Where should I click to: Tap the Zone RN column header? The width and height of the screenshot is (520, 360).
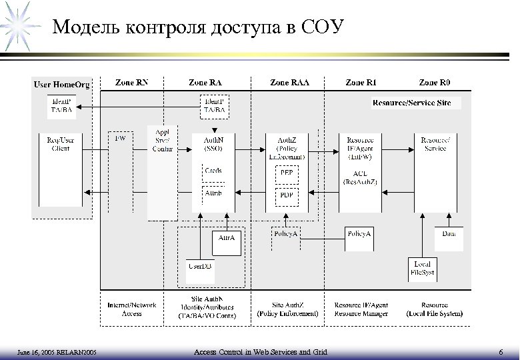coord(132,83)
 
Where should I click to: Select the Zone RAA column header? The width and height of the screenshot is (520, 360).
coord(289,83)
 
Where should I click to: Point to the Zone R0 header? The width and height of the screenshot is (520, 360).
coord(435,83)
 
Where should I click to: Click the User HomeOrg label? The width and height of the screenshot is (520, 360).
coord(61,84)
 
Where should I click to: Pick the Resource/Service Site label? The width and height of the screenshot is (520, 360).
coord(415,103)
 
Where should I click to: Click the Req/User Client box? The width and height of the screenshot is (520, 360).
coord(60,143)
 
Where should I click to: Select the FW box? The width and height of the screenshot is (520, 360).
coord(120,139)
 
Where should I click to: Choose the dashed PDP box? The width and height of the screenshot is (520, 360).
coord(287,195)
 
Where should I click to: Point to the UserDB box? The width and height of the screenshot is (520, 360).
coord(198,266)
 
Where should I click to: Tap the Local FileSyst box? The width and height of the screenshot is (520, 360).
coord(422,268)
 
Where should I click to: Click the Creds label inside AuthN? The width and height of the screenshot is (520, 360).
coord(213,171)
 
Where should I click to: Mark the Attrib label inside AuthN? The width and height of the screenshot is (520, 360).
coord(213,193)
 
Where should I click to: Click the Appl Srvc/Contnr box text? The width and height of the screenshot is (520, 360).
coord(163,140)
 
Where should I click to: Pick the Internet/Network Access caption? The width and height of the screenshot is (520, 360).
coord(132,309)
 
